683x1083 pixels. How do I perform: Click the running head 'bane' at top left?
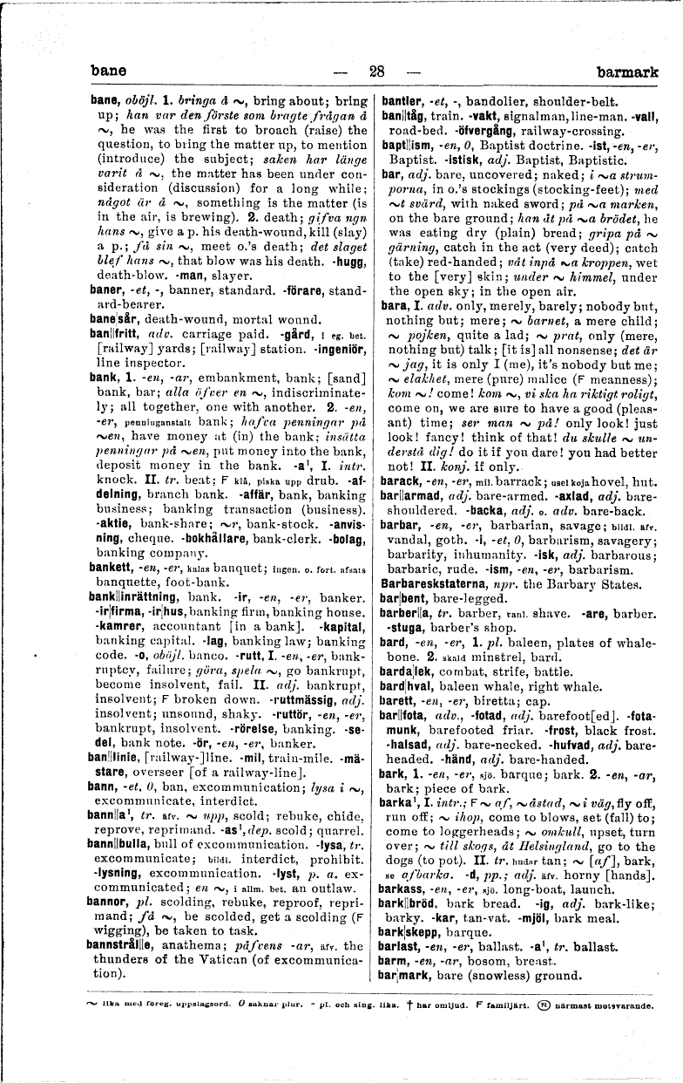pyautogui.click(x=108, y=71)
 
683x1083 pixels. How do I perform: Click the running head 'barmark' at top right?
pyautogui.click(x=627, y=72)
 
